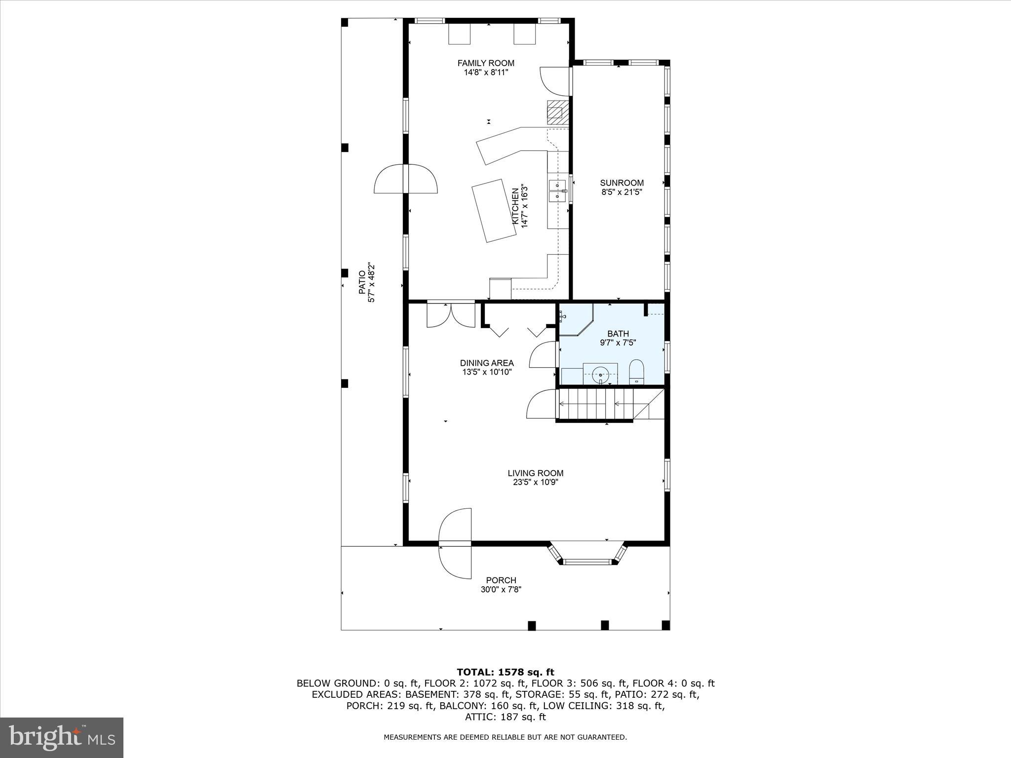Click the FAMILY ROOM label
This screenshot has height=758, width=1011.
coord(486,63)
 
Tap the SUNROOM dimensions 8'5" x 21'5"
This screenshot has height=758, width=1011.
coord(622,192)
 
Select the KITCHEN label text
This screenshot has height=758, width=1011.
coord(515,206)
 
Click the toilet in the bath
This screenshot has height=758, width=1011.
coord(636,372)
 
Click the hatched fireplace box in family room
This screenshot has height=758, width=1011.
coord(557,113)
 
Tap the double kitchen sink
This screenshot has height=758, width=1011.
coord(557,191)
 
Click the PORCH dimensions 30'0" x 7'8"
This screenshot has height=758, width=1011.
coord(501,589)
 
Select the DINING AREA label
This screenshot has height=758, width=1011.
coord(487,363)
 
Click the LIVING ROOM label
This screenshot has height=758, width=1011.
coord(535,473)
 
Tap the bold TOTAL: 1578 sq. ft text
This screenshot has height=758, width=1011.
coord(505,672)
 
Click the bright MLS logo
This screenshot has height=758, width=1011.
coord(62,737)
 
